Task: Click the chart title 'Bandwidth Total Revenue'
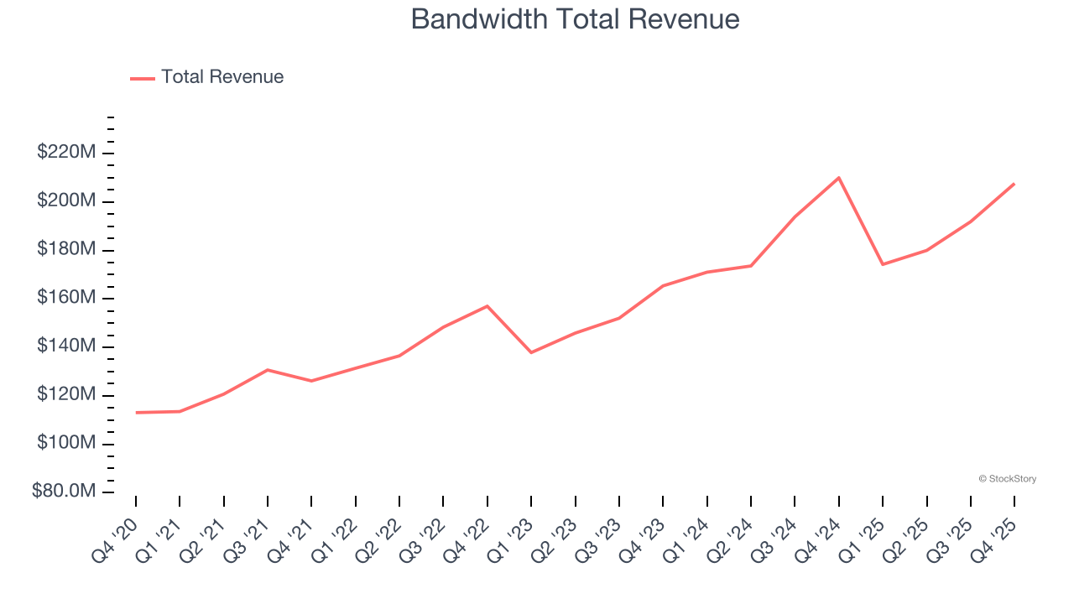click(575, 18)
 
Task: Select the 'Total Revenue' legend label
click(222, 77)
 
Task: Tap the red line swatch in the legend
click(143, 78)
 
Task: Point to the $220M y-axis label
click(66, 153)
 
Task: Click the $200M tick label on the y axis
click(66, 201)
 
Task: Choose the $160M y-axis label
click(66, 298)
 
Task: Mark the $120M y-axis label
click(66, 395)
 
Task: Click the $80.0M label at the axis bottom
click(64, 492)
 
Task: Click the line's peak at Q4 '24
click(839, 178)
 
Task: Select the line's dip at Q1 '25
click(883, 264)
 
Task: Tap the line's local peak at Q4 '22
click(487, 306)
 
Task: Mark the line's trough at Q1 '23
click(531, 352)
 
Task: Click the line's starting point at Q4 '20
click(136, 413)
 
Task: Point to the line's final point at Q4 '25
click(1014, 184)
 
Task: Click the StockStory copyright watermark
click(1007, 479)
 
